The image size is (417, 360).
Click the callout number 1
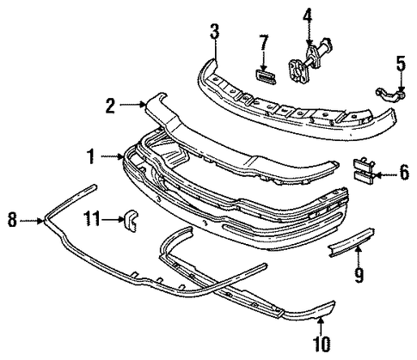[x=91, y=156]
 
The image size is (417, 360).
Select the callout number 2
[x=110, y=106]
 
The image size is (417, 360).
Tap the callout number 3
[x=214, y=32]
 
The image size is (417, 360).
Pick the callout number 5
[x=401, y=64]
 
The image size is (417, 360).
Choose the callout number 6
[x=404, y=173]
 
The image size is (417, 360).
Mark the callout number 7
[x=263, y=42]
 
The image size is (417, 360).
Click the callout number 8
[x=12, y=220]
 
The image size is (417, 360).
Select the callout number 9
[x=359, y=275]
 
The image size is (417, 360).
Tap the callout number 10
[x=321, y=344]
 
